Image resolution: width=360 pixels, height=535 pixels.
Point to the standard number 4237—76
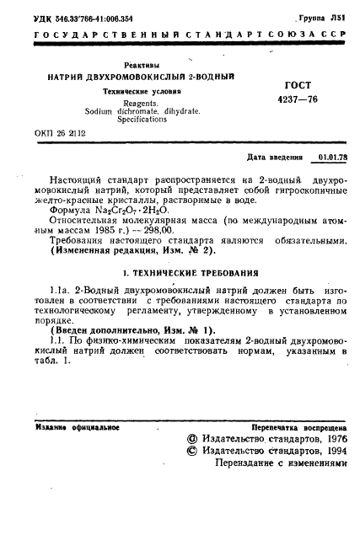(x=293, y=100)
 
